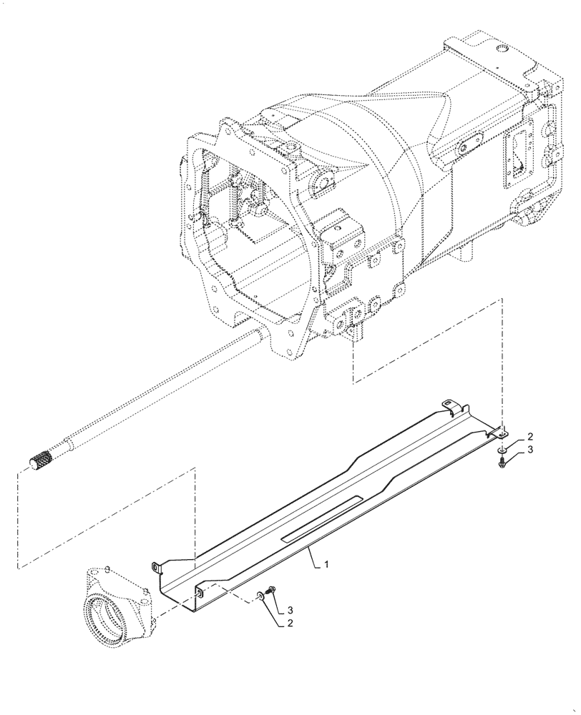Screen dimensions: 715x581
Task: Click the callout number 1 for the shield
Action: pyautogui.click(x=326, y=565)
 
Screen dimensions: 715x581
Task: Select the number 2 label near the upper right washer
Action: pyautogui.click(x=530, y=436)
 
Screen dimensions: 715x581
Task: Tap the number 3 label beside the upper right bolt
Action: pyautogui.click(x=530, y=450)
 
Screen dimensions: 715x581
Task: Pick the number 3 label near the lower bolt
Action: pyautogui.click(x=290, y=610)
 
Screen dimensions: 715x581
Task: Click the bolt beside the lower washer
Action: pyautogui.click(x=270, y=591)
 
